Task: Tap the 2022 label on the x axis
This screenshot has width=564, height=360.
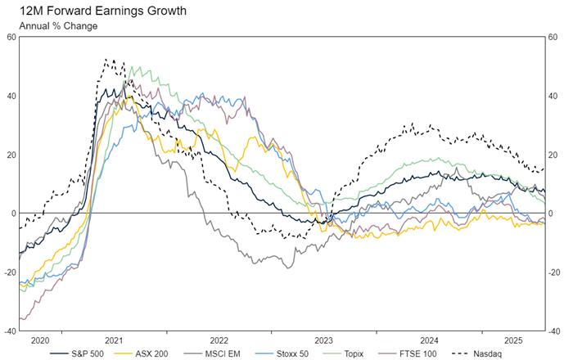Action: [219, 340]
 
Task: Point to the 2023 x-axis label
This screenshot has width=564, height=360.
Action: [324, 340]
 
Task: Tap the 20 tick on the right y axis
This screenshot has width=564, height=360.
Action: [554, 155]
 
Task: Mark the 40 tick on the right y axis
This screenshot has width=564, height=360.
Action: [554, 96]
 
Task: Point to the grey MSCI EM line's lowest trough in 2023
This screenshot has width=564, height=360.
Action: [287, 268]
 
